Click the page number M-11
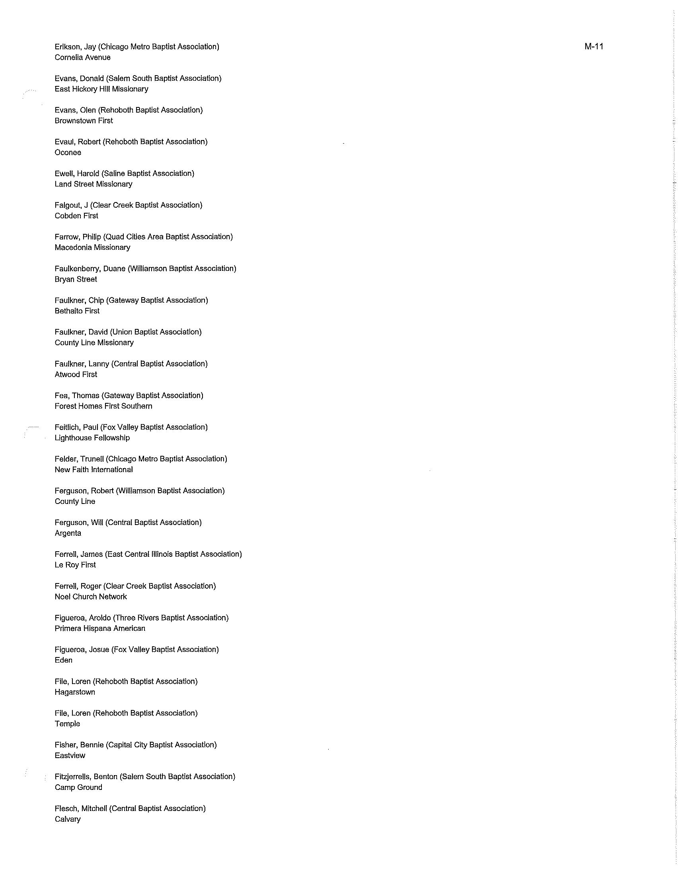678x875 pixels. point(594,47)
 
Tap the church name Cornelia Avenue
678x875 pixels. point(82,57)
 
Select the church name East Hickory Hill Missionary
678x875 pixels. point(101,89)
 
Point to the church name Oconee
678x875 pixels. point(68,152)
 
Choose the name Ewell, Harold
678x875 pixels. point(77,173)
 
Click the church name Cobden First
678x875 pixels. point(76,216)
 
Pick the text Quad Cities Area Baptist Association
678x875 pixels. point(168,237)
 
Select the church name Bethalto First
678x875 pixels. point(77,311)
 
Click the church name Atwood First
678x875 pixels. point(76,374)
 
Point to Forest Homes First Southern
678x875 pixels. point(103,406)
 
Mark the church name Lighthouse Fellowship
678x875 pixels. point(92,437)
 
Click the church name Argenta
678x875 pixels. point(68,533)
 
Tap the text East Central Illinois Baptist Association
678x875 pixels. point(173,554)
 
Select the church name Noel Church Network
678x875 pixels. point(91,597)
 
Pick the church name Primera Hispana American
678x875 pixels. point(100,628)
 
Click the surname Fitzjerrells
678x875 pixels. point(72,776)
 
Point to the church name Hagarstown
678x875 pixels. point(75,692)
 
